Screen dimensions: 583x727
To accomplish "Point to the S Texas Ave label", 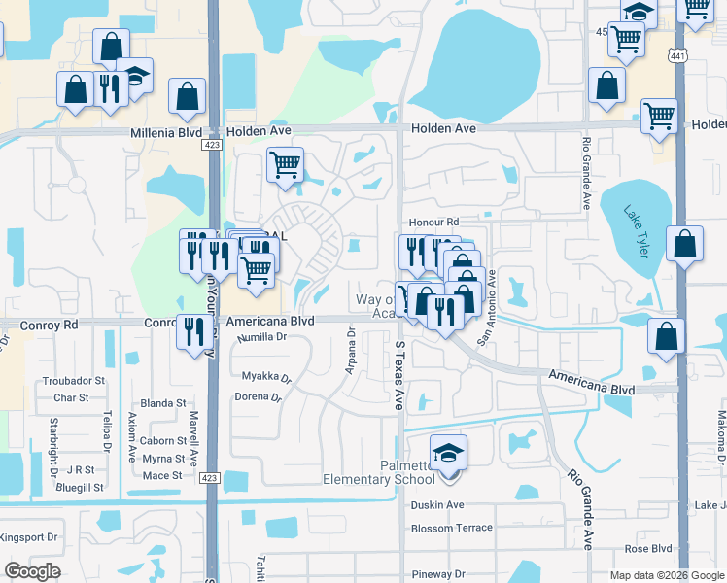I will click(399, 375).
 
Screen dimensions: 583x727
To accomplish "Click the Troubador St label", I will click(71, 382).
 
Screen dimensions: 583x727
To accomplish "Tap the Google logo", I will click(32, 571).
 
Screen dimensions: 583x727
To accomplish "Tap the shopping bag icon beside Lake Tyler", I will click(684, 245).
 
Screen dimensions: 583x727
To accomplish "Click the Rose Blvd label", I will click(650, 548).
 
